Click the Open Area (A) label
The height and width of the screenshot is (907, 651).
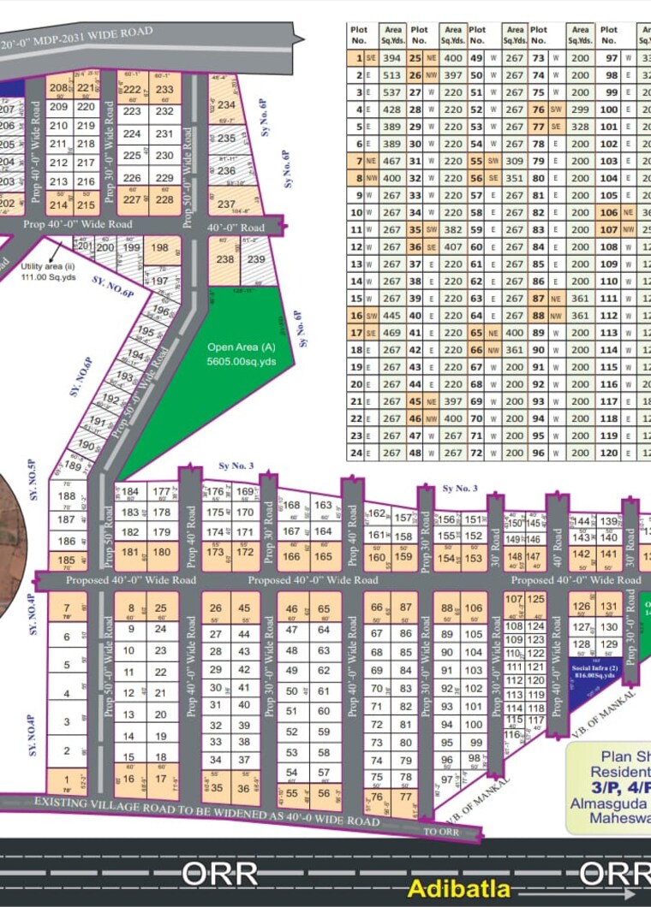(237, 347)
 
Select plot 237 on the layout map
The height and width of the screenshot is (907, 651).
(226, 205)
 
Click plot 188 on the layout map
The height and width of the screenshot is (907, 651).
(66, 496)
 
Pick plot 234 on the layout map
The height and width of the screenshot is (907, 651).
(226, 105)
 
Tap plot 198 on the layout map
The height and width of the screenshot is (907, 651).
(159, 248)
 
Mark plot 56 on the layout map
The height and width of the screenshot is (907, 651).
(324, 793)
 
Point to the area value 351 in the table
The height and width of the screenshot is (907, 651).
(514, 178)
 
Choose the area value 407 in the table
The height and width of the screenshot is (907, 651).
(453, 246)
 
